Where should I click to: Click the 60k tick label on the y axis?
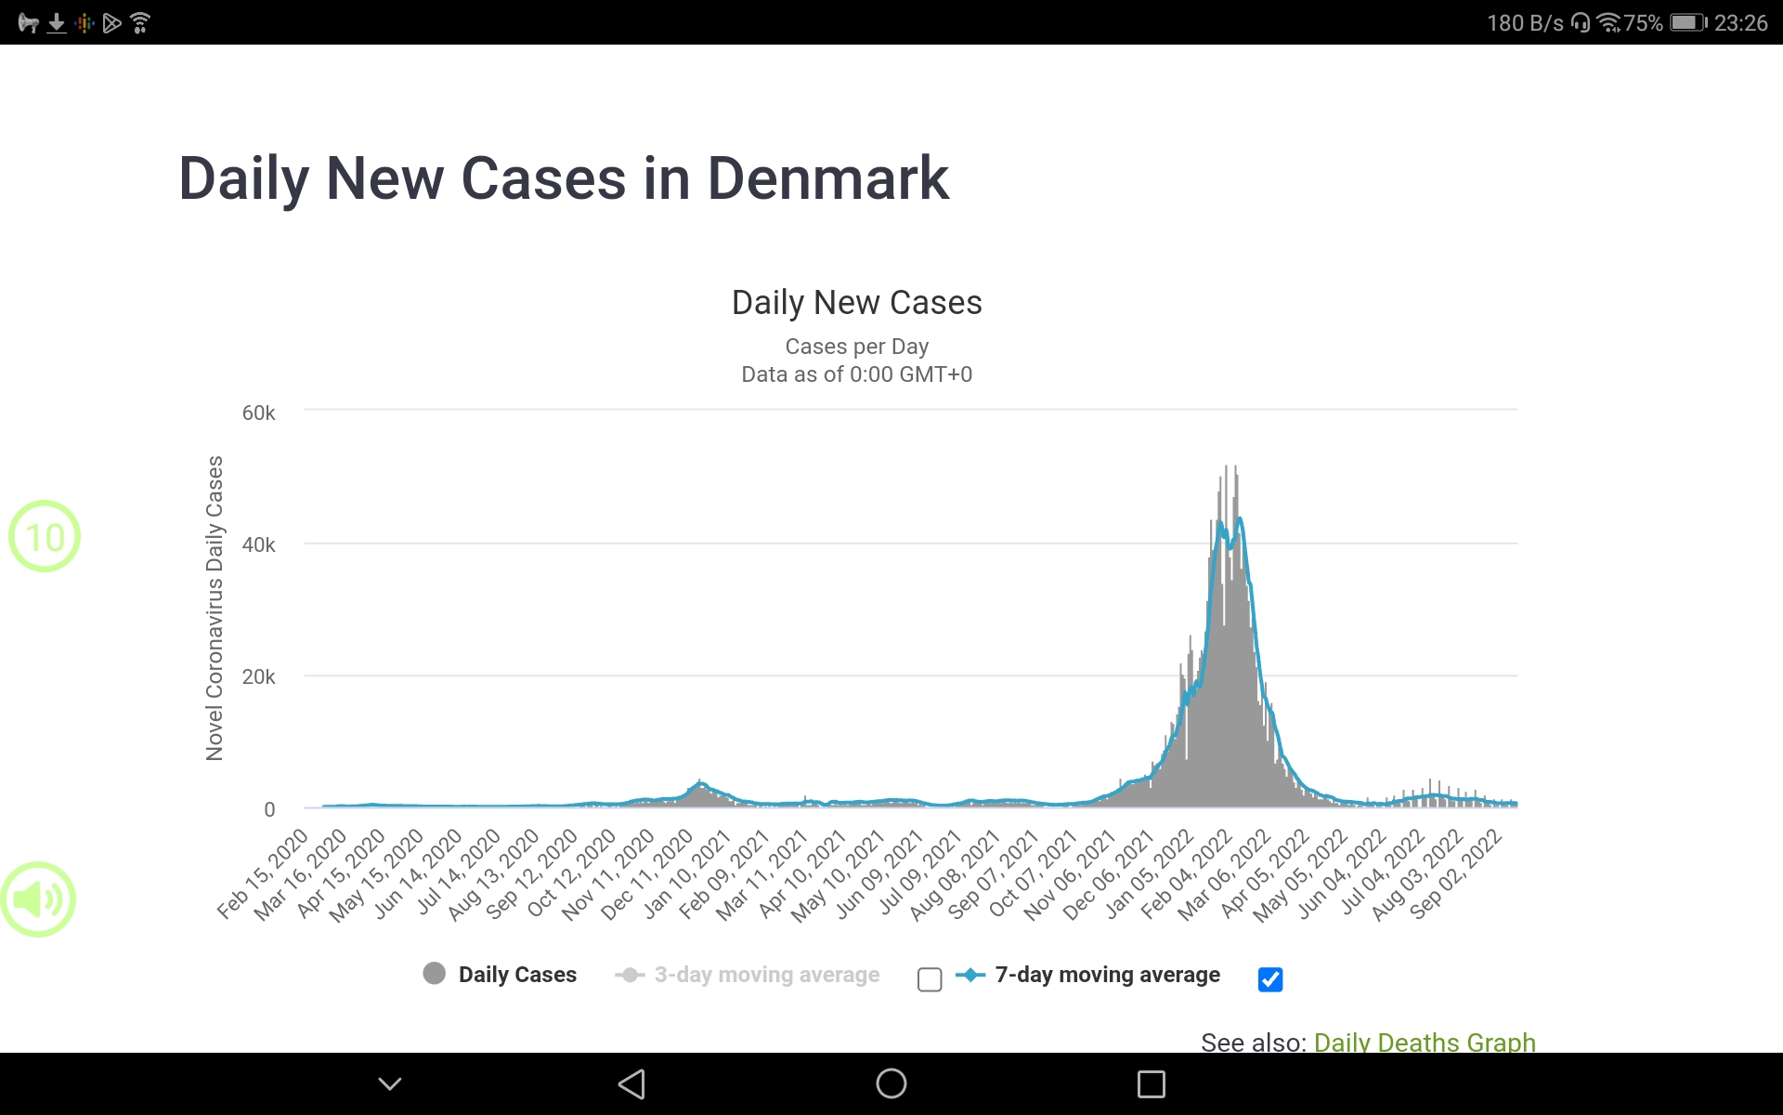[x=258, y=413]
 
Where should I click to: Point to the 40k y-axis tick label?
[x=258, y=545]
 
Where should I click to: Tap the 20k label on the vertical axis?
[x=258, y=677]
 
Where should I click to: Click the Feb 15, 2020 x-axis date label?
[x=263, y=874]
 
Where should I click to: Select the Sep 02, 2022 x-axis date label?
[x=1456, y=874]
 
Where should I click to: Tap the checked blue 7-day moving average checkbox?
[x=1270, y=979]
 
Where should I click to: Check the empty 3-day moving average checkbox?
[x=930, y=979]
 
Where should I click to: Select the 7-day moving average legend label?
[x=1107, y=975]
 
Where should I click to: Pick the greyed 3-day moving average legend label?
[x=766, y=975]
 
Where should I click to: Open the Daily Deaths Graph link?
[x=1425, y=1042]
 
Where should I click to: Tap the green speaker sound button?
[x=39, y=899]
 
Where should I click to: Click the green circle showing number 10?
[x=45, y=536]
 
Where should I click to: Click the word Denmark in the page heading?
[x=827, y=178]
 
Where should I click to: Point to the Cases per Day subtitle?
[x=856, y=347]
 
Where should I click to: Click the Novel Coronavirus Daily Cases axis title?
[x=215, y=609]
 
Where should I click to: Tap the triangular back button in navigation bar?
[x=631, y=1083]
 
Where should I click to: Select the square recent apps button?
[x=1152, y=1083]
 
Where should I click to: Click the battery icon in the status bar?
[x=1687, y=22]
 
